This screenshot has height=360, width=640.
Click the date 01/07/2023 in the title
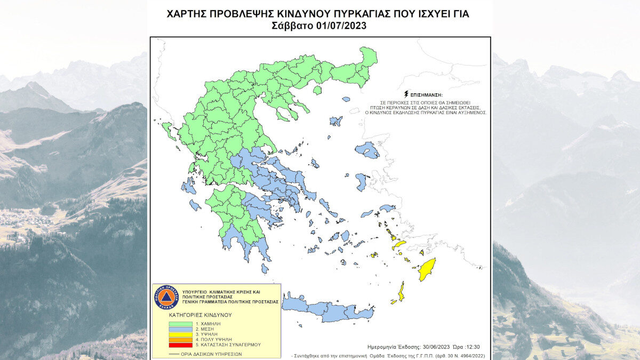point(346,26)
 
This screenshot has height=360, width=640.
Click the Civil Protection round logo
point(167,297)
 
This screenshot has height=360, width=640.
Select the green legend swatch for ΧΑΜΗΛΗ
point(179,324)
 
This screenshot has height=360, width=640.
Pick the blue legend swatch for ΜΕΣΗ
point(179,329)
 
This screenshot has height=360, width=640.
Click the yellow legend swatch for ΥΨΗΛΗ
point(179,334)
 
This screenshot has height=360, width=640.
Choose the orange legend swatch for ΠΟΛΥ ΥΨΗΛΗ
point(179,340)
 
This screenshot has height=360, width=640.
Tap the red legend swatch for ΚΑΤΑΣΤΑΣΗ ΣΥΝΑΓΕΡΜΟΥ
point(179,345)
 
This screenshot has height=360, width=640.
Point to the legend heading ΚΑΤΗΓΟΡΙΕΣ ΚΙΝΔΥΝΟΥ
point(201,315)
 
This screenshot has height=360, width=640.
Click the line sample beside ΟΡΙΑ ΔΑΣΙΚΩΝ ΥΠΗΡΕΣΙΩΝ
point(174,354)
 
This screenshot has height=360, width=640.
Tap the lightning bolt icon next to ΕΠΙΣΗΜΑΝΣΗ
point(406,93)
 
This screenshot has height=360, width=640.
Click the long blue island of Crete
point(328,309)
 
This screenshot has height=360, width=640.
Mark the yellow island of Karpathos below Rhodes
point(401,291)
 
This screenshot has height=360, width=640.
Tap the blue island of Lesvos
point(367,150)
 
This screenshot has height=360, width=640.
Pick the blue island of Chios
point(362,182)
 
